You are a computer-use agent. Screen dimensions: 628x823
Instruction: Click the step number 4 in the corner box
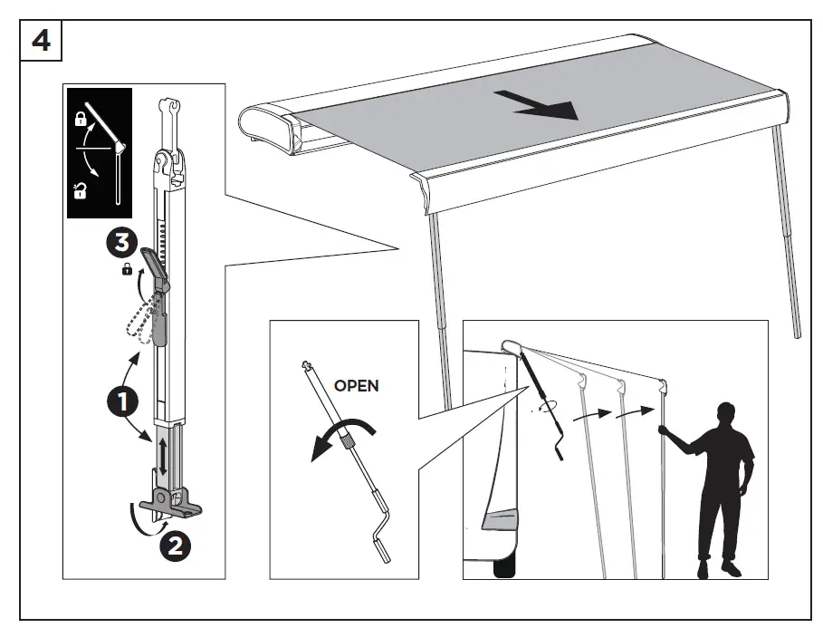[x=41, y=43]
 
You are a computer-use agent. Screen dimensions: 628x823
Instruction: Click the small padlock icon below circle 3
[x=126, y=269]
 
